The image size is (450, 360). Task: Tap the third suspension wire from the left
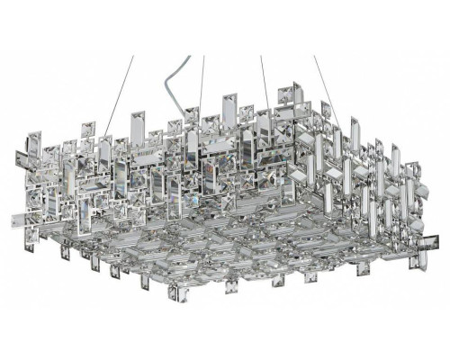coord(265,76)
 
